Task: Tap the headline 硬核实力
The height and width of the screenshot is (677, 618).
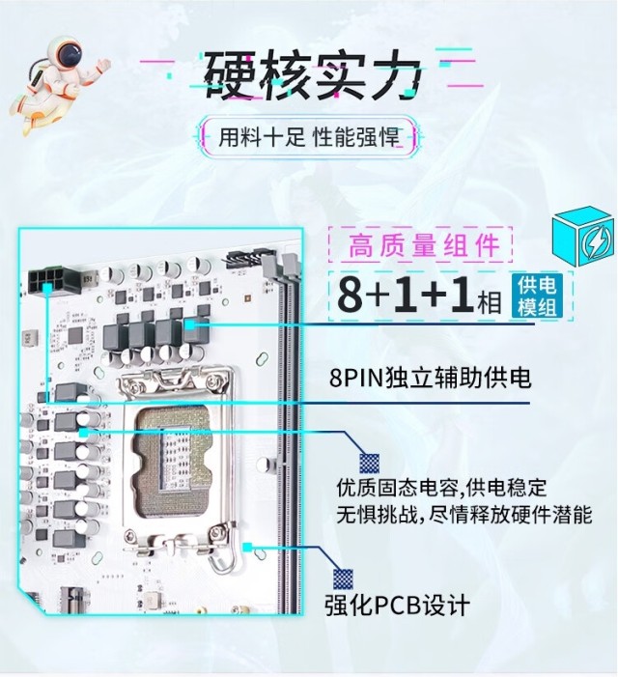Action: (312, 74)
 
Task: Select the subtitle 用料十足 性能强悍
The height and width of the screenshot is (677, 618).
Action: (309, 137)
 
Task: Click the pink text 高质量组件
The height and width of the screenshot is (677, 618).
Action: (423, 244)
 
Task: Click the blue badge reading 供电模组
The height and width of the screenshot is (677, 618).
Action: (537, 296)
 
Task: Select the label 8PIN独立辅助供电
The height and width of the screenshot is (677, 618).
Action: (430, 378)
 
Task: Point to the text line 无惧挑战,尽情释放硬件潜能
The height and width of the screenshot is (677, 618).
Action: (464, 515)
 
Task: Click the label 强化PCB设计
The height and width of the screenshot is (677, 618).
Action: (397, 605)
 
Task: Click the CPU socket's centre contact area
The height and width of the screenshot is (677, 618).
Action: (174, 459)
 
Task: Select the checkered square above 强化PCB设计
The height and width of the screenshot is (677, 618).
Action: (343, 579)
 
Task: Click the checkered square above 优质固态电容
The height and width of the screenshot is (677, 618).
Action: (370, 464)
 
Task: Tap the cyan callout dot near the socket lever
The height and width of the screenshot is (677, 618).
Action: (247, 547)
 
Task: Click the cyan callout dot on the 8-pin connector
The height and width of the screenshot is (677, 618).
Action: (47, 288)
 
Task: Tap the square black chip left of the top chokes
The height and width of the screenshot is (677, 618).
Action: (76, 336)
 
